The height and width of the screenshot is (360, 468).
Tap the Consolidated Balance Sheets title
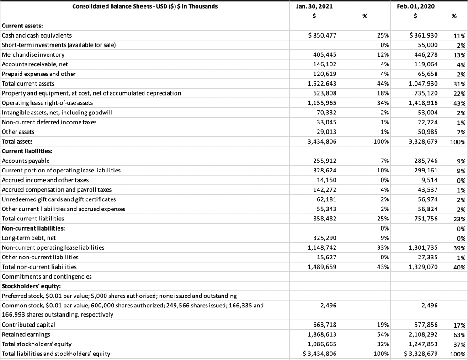(145, 6)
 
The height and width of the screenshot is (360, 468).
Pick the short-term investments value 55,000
(425, 45)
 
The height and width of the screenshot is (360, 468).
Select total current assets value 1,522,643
(322, 84)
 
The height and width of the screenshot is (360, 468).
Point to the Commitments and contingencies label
(47, 276)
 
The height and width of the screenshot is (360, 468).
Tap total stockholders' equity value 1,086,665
(322, 344)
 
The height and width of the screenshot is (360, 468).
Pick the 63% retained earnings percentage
(459, 334)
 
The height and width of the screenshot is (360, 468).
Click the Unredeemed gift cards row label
(59, 199)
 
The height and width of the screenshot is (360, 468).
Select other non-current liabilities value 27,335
(425, 257)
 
